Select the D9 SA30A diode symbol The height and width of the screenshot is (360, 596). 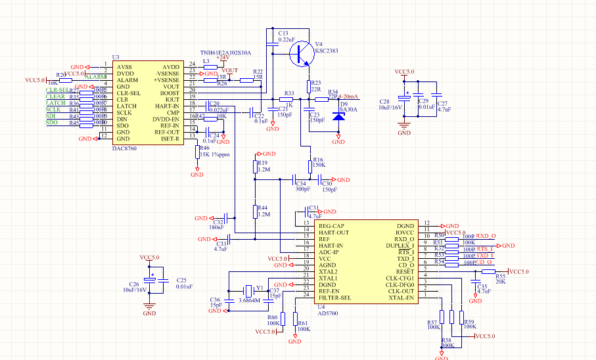coord(338,116)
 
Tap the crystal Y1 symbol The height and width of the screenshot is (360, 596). coord(249,290)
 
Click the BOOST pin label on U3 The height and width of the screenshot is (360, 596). coord(168,93)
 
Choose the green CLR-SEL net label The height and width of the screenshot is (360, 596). coord(58,90)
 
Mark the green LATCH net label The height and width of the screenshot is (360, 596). coord(56,103)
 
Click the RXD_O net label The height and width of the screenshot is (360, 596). coord(486,235)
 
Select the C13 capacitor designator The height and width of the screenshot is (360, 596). coord(283,33)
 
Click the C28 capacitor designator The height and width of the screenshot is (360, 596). coord(384,102)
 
